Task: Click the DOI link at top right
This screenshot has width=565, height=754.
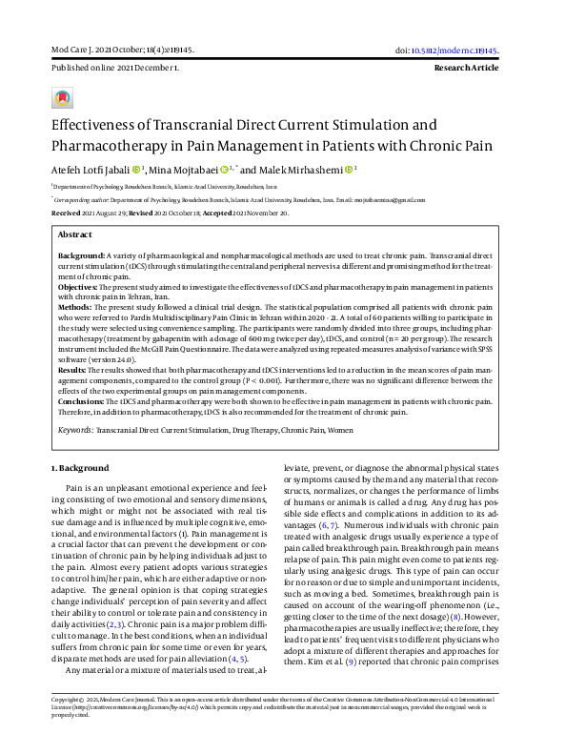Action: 452,50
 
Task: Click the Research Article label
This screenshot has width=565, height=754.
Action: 466,69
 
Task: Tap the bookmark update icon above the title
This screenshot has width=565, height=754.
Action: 63,97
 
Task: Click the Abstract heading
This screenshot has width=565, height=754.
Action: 75,234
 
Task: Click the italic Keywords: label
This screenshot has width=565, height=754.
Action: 75,431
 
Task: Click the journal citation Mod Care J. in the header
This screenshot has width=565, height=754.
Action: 71,50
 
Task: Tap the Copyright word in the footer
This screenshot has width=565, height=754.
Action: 69,725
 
